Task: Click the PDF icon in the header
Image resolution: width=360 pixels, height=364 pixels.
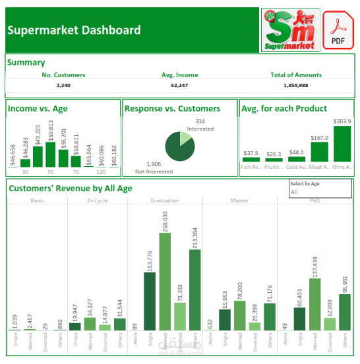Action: pyautogui.click(x=339, y=30)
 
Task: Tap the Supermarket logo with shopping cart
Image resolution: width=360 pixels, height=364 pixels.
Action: pyautogui.click(x=290, y=30)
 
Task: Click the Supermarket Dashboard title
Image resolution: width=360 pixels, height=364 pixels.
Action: pyautogui.click(x=74, y=30)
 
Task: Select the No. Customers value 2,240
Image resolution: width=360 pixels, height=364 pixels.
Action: pyautogui.click(x=63, y=85)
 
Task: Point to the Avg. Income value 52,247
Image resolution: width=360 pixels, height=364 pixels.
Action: pyautogui.click(x=179, y=85)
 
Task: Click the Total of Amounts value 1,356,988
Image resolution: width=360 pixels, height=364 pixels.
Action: pyautogui.click(x=296, y=85)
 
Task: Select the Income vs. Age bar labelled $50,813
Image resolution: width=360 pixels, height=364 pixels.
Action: pyautogui.click(x=51, y=156)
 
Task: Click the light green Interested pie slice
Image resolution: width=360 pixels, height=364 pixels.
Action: pyautogui.click(x=185, y=138)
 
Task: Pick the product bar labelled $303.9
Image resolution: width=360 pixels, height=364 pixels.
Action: pyautogui.click(x=342, y=144)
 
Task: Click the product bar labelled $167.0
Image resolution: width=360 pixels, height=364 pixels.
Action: pyautogui.click(x=319, y=152)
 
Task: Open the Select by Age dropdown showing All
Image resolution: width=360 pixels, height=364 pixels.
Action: pyautogui.click(x=320, y=192)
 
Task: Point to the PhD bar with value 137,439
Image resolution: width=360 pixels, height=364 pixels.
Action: pyautogui.click(x=315, y=304)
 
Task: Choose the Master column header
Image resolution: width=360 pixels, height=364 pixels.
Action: pyautogui.click(x=240, y=200)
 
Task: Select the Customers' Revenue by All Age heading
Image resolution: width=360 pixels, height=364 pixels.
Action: pyautogui.click(x=71, y=188)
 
